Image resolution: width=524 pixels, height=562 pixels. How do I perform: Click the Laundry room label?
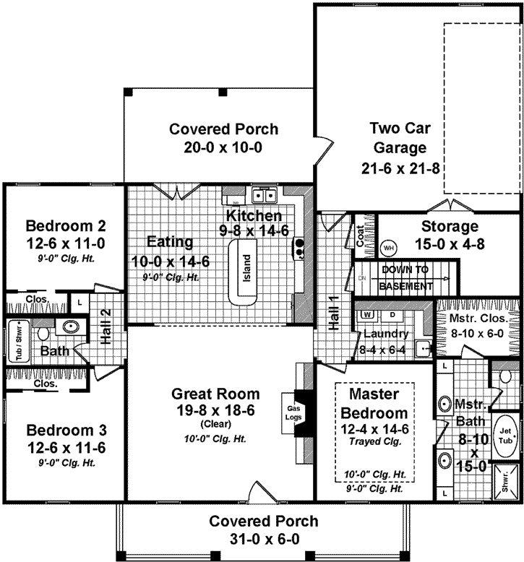click(x=387, y=334)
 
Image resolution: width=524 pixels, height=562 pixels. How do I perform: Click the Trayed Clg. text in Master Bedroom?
click(x=375, y=441)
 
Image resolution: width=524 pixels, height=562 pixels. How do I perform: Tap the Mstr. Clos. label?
click(x=479, y=318)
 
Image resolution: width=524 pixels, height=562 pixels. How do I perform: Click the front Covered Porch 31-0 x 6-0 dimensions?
click(x=262, y=539)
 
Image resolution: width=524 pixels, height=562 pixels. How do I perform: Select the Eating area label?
click(x=169, y=242)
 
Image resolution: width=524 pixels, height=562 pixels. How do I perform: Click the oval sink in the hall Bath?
click(x=71, y=327)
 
